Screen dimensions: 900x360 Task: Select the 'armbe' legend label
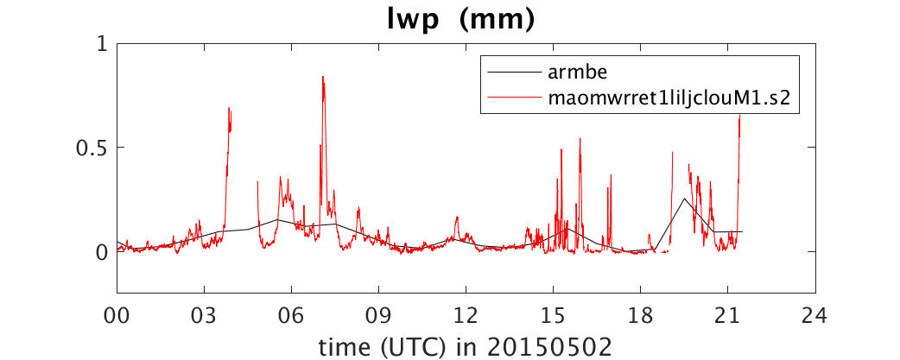[x=567, y=73]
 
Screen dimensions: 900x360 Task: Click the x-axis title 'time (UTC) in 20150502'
[x=466, y=345]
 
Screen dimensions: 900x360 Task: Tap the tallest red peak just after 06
[x=323, y=77]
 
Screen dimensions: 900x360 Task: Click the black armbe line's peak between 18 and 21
[x=684, y=199]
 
